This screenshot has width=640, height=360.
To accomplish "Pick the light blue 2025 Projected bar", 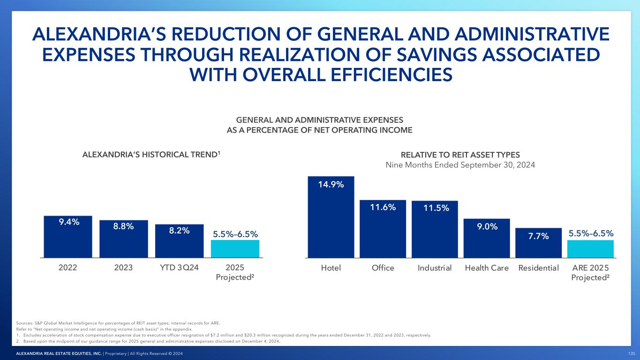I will click(x=235, y=249).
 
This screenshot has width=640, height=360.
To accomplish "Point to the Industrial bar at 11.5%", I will click(x=435, y=229).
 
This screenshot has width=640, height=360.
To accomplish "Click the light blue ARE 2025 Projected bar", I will click(x=590, y=249).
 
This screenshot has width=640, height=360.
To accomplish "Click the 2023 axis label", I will click(x=123, y=268).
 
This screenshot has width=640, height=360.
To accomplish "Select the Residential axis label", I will click(x=539, y=268).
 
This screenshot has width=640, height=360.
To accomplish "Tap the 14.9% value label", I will click(x=331, y=184).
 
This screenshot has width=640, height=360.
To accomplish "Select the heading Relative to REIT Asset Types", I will click(x=460, y=155).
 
